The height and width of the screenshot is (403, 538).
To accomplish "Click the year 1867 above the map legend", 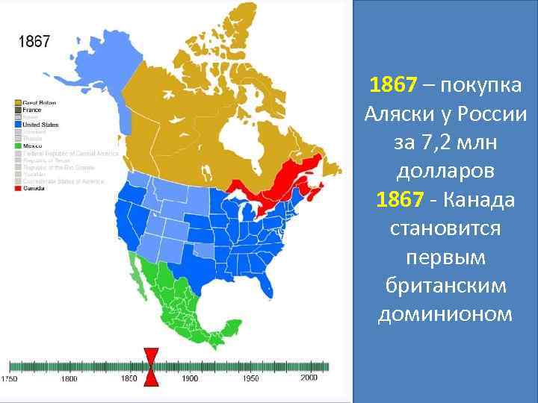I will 34,42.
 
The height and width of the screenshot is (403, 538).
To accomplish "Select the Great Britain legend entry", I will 40,102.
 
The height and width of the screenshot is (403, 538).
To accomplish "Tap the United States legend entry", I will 40,125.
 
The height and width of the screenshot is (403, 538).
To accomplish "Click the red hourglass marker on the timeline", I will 151,366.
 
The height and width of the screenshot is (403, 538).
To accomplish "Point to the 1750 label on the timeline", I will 10,379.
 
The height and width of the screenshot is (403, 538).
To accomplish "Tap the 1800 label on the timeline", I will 69,379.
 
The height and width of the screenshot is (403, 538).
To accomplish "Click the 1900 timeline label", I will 190,379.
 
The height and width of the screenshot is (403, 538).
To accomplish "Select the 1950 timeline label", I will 250,379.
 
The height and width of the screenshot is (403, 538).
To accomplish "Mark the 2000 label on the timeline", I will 309,378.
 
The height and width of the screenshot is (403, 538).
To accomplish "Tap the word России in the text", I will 486,116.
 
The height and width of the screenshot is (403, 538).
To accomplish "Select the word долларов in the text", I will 446,172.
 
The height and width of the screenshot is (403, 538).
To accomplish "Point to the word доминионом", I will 445,314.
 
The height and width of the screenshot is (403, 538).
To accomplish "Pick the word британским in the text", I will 445,286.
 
